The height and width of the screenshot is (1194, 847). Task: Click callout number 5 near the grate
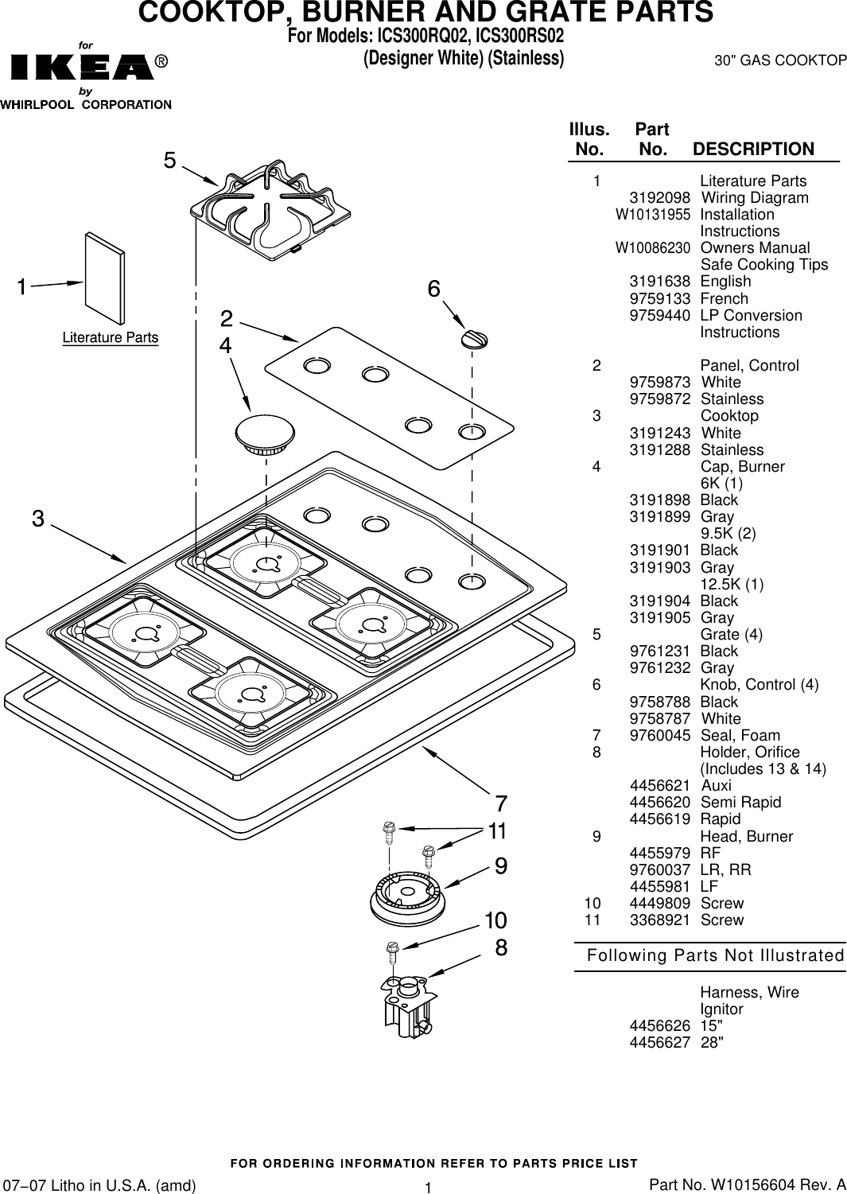coord(170,161)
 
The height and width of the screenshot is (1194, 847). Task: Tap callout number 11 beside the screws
coord(498,831)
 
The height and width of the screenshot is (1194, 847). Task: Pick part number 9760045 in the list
coord(659,736)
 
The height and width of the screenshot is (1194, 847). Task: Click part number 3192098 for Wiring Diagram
coord(659,198)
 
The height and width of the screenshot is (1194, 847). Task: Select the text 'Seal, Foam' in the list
coord(740,736)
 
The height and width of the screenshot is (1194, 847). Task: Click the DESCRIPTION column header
coord(753,150)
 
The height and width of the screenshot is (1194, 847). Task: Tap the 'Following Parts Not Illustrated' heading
coord(715,955)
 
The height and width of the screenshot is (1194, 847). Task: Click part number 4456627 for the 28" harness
coord(659,1043)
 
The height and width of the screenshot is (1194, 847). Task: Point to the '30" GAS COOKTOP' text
coord(779,60)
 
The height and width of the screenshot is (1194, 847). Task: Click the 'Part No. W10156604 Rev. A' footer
coord(748,1185)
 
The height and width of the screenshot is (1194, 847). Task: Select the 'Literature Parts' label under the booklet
coord(111,338)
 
